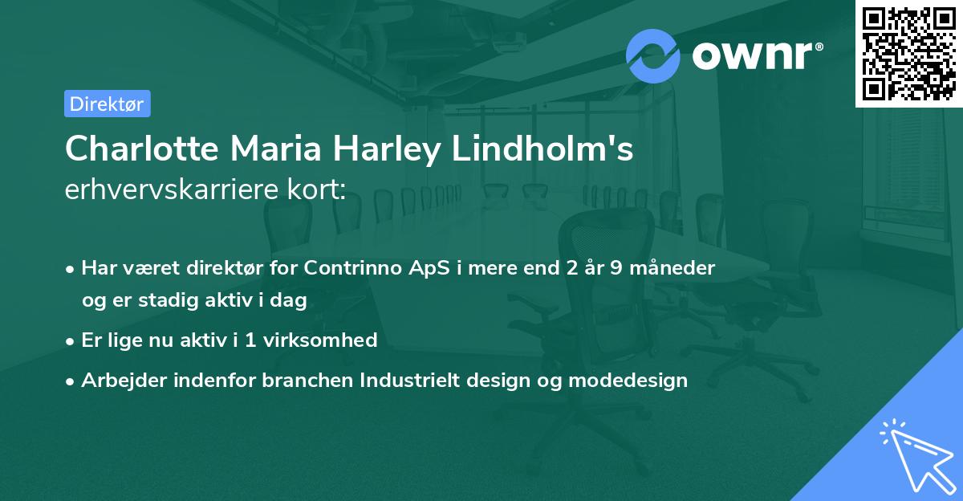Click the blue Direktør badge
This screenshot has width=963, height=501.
107,104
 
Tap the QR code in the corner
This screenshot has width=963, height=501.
908,53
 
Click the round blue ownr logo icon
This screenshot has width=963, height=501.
653,55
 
